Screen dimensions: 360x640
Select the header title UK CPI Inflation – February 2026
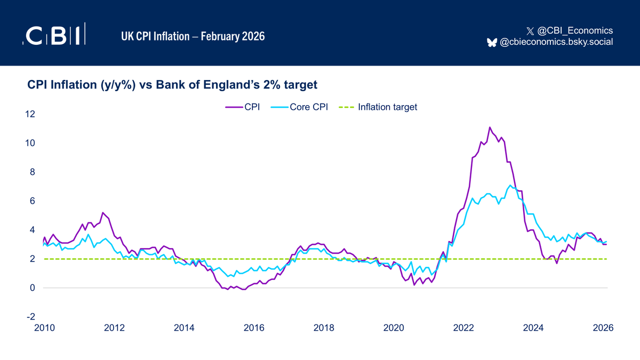click(193, 36)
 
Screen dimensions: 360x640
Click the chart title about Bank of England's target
click(172, 84)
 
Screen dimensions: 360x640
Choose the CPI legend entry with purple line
click(243, 107)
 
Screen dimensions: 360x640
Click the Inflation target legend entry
click(378, 107)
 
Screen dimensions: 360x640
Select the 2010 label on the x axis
click(43, 329)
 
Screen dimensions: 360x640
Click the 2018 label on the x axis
click(324, 329)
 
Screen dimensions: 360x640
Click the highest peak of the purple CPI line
click(490, 127)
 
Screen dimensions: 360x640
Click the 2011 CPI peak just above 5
click(102, 212)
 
